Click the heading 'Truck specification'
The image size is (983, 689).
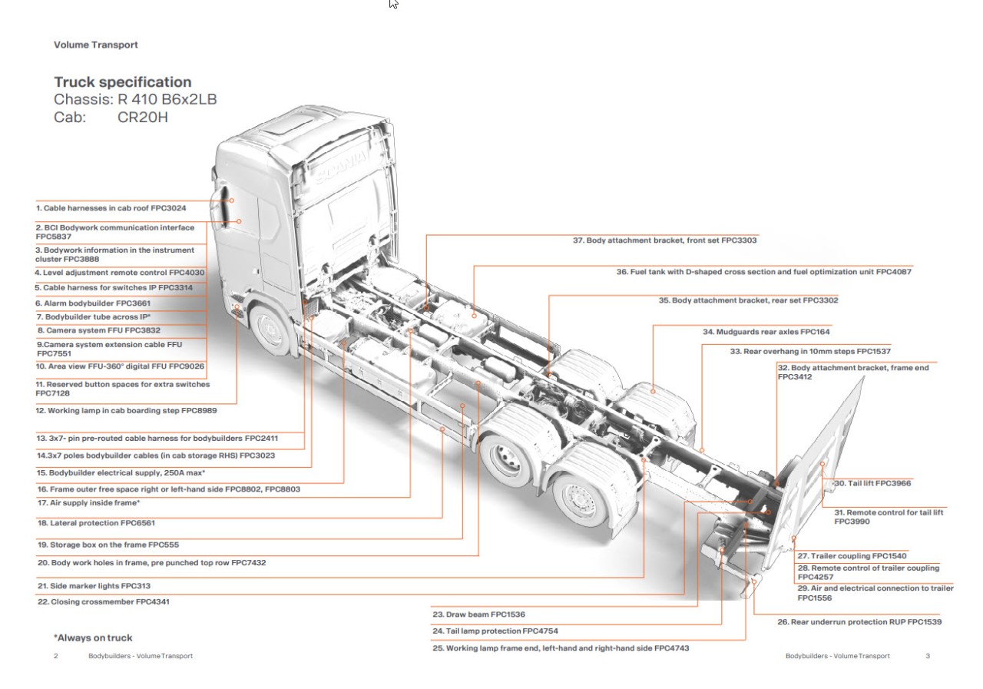pyautogui.click(x=122, y=82)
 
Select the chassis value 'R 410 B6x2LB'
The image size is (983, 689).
pyautogui.click(x=173, y=100)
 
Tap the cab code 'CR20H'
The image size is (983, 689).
pyautogui.click(x=142, y=118)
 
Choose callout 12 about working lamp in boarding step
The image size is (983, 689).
pyautogui.click(x=126, y=411)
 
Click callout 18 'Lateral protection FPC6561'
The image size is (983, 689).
pyautogui.click(x=96, y=523)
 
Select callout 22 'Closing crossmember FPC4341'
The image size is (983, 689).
pyautogui.click(x=103, y=602)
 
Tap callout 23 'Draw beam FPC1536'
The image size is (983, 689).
pyautogui.click(x=479, y=614)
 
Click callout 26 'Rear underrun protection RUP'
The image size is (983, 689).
pyautogui.click(x=859, y=622)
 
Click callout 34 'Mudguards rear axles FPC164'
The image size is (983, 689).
pyautogui.click(x=766, y=333)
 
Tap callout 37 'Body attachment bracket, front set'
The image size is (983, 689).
pyautogui.click(x=665, y=240)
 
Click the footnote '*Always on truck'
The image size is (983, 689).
pyautogui.click(x=93, y=638)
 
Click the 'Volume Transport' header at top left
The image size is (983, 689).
pyautogui.click(x=96, y=45)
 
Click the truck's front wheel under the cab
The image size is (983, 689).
pyautogui.click(x=271, y=329)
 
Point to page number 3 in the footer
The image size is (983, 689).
pyautogui.click(x=928, y=656)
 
